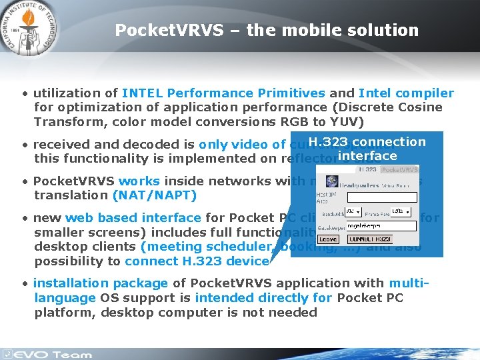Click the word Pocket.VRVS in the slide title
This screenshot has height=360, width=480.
pos(154,31)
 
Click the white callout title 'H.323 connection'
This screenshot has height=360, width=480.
pos(367,141)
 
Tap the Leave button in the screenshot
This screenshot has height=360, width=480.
pos(328,239)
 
